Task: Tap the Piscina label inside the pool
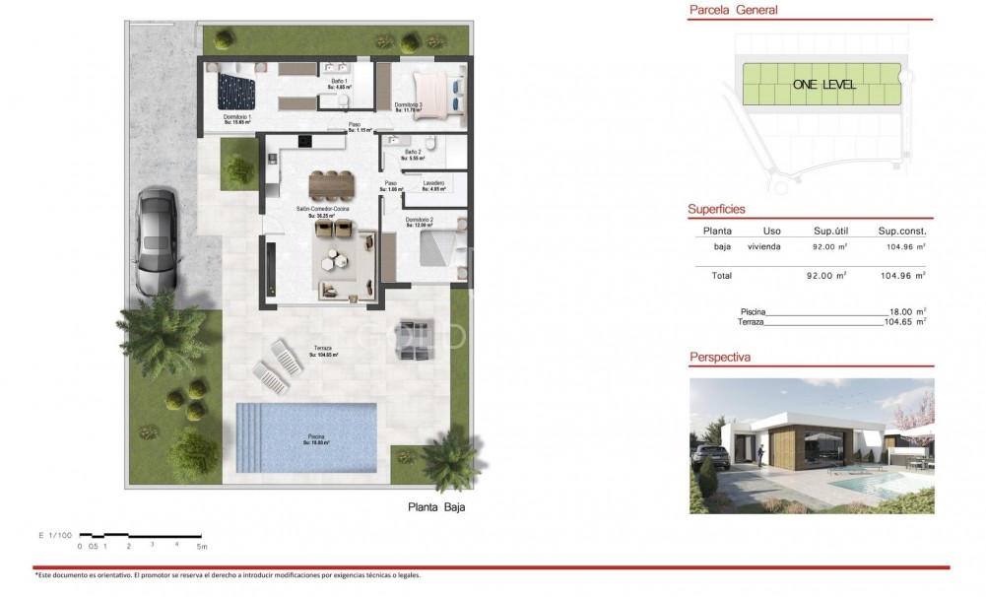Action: (314, 437)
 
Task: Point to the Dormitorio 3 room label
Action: (408, 106)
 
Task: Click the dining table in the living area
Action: (329, 184)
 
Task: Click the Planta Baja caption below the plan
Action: (435, 508)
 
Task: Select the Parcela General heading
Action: (734, 11)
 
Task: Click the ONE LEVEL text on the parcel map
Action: (823, 85)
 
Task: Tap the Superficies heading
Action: (716, 210)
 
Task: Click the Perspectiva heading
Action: (720, 358)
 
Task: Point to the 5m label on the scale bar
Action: (202, 545)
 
